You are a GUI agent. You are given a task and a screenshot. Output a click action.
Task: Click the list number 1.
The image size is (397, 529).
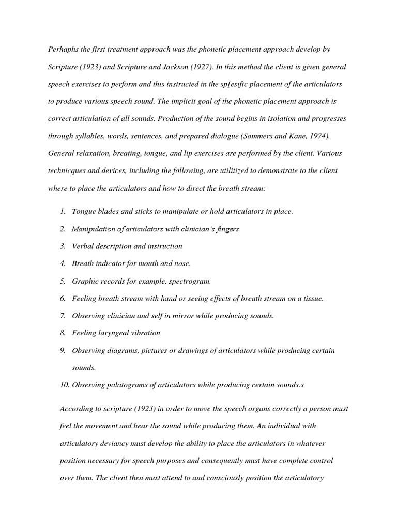coord(63,212)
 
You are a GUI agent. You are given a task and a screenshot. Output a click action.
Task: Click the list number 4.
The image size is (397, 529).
coord(63,263)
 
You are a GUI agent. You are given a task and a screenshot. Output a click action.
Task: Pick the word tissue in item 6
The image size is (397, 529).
coord(312,298)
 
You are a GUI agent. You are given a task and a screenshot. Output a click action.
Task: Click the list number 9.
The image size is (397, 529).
coord(63,350)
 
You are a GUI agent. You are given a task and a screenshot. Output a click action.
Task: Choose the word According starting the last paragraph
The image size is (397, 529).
coord(76,408)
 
